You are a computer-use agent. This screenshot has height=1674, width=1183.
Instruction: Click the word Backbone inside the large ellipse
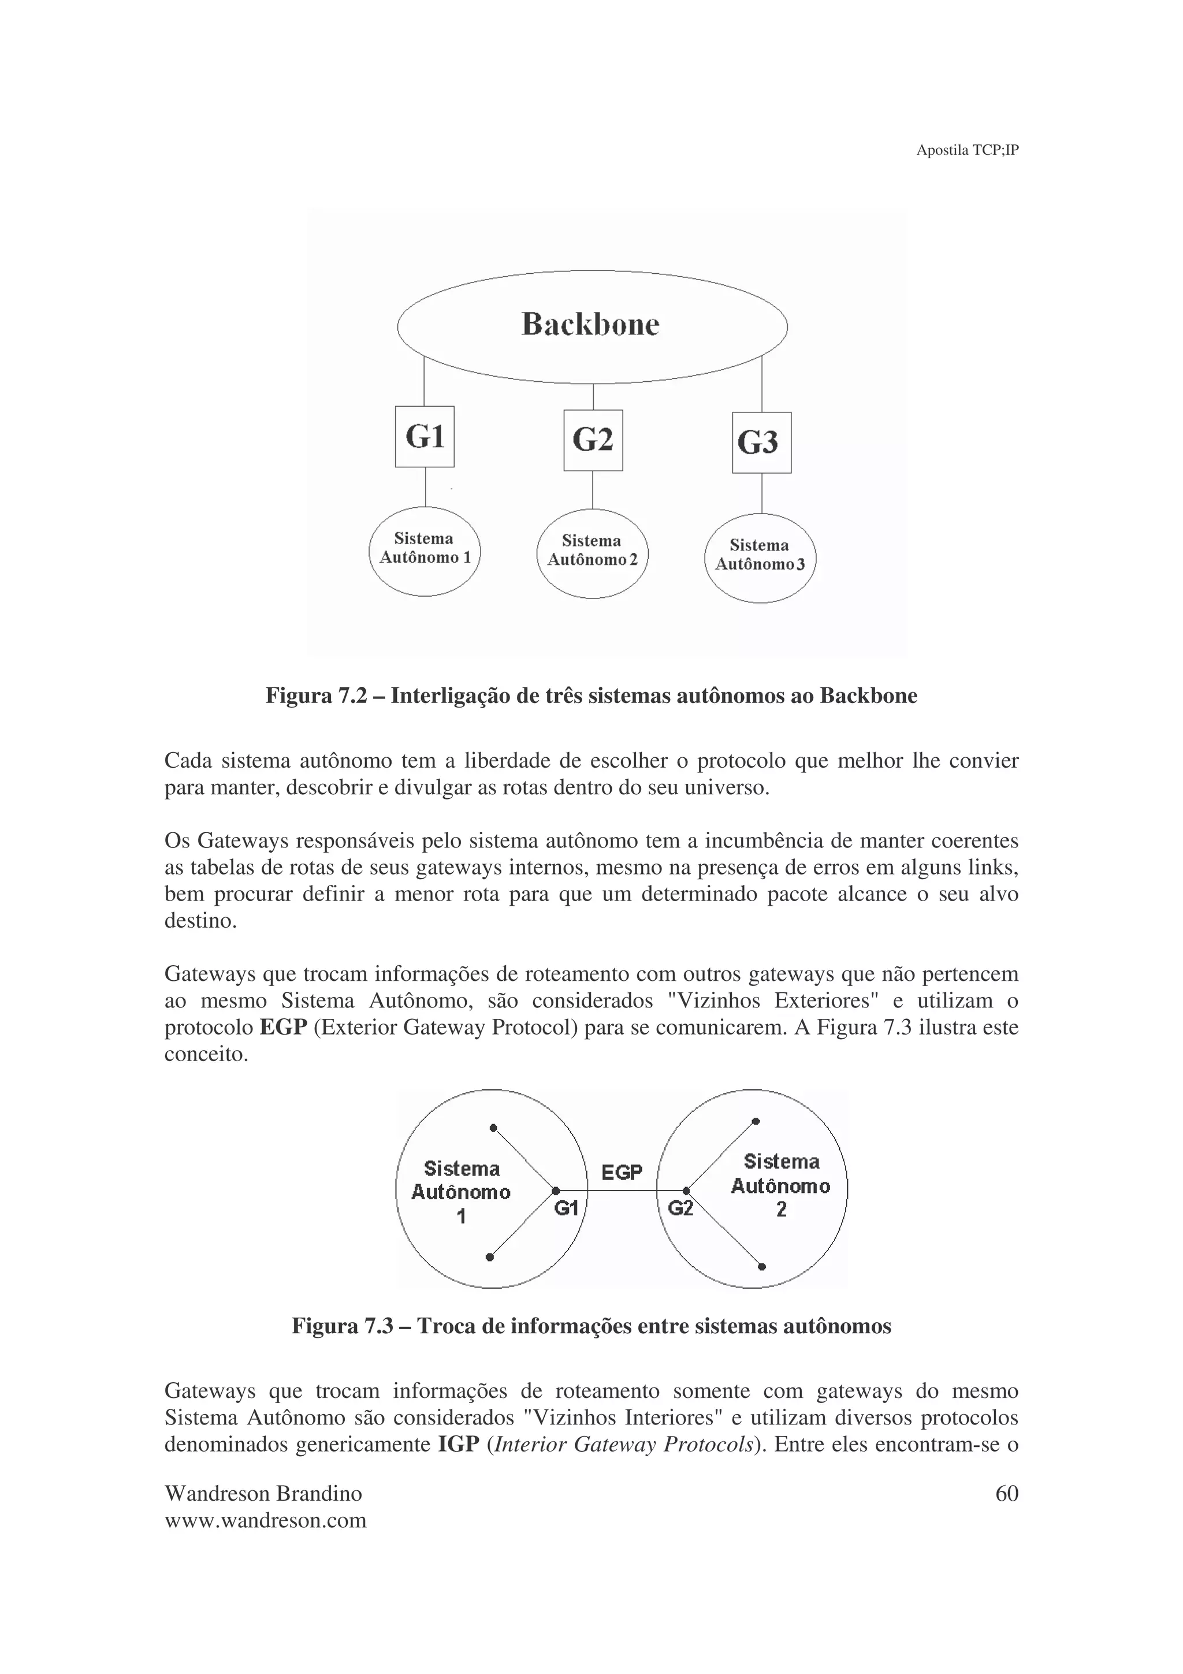[x=590, y=325]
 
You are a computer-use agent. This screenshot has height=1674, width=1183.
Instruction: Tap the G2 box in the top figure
[x=593, y=440]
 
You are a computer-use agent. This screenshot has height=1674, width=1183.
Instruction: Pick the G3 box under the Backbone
[x=761, y=442]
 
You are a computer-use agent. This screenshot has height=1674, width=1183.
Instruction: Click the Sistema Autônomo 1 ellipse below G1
[x=424, y=551]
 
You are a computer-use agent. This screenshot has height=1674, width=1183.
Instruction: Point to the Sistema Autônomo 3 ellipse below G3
[x=760, y=558]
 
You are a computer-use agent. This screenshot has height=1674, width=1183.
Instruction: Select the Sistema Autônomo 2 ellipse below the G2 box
[x=592, y=553]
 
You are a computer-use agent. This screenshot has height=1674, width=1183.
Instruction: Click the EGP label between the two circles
[x=622, y=1173]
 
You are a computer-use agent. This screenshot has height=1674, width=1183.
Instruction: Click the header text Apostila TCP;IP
[x=966, y=151]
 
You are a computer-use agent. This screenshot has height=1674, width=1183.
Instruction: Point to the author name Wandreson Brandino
[x=263, y=1494]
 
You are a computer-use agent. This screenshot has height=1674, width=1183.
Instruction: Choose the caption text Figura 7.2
[x=308, y=695]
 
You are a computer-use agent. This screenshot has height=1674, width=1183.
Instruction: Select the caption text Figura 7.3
[x=334, y=1326]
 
